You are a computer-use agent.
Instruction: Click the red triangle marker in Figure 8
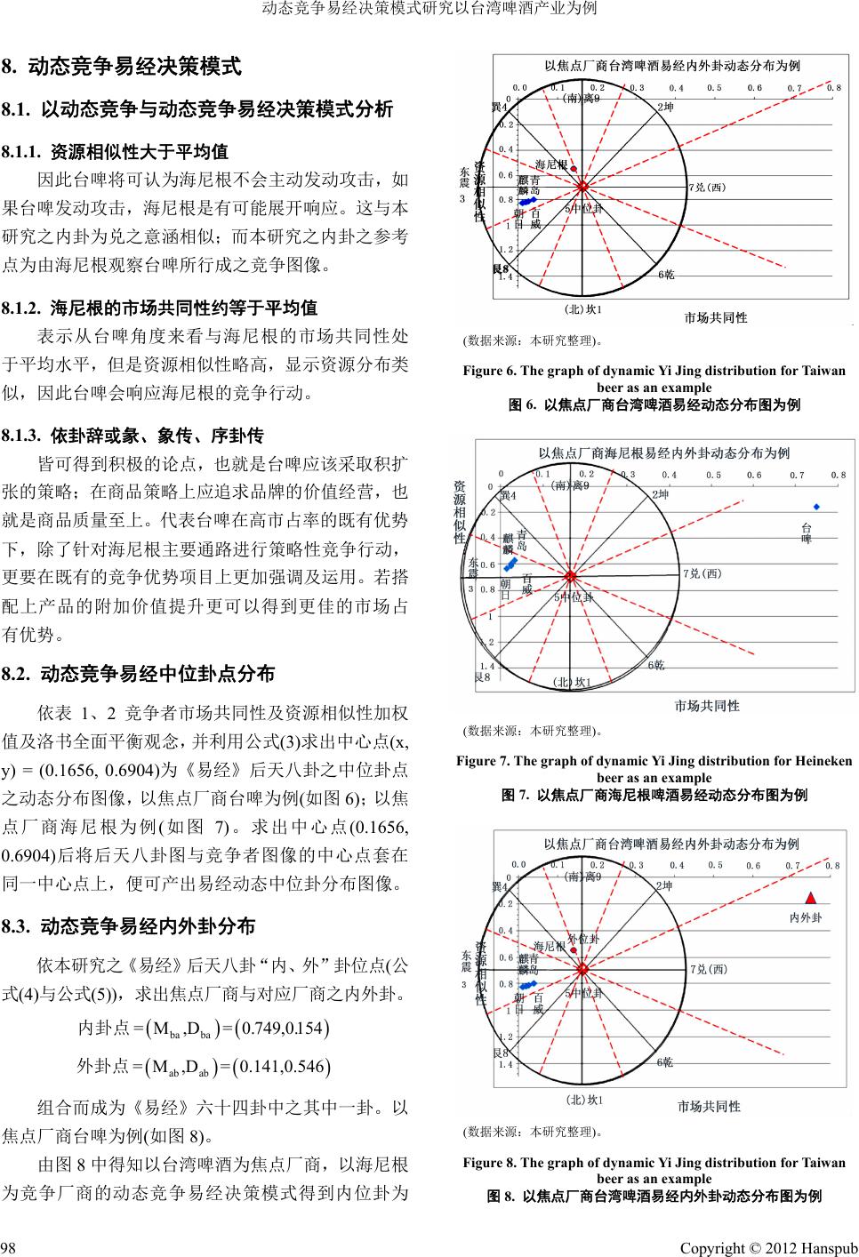[x=809, y=897]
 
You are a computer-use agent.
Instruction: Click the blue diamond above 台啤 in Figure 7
[x=816, y=507]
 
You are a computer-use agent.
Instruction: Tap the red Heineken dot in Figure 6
[x=574, y=169]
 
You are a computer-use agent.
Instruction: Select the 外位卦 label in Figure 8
[x=583, y=939]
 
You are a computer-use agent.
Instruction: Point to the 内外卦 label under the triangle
[x=806, y=917]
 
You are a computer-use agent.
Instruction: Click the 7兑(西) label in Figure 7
[x=705, y=573]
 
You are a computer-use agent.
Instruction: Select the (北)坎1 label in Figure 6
[x=583, y=309]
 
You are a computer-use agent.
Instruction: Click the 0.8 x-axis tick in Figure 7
[x=838, y=475]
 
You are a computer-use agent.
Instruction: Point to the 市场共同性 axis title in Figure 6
[x=716, y=317]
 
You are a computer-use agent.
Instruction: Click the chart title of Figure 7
[x=663, y=452]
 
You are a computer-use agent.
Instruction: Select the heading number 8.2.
[x=18, y=673]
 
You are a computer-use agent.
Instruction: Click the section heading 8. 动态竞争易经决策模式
[x=123, y=66]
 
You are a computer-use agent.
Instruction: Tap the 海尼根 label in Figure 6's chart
[x=551, y=164]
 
